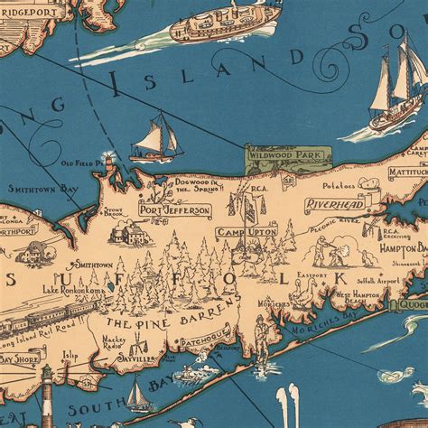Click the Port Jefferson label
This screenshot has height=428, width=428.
point(174,209)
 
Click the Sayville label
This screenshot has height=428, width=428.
point(141,357)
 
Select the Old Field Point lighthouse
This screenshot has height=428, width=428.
point(109,164)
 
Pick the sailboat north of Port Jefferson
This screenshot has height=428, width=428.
point(157,140)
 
